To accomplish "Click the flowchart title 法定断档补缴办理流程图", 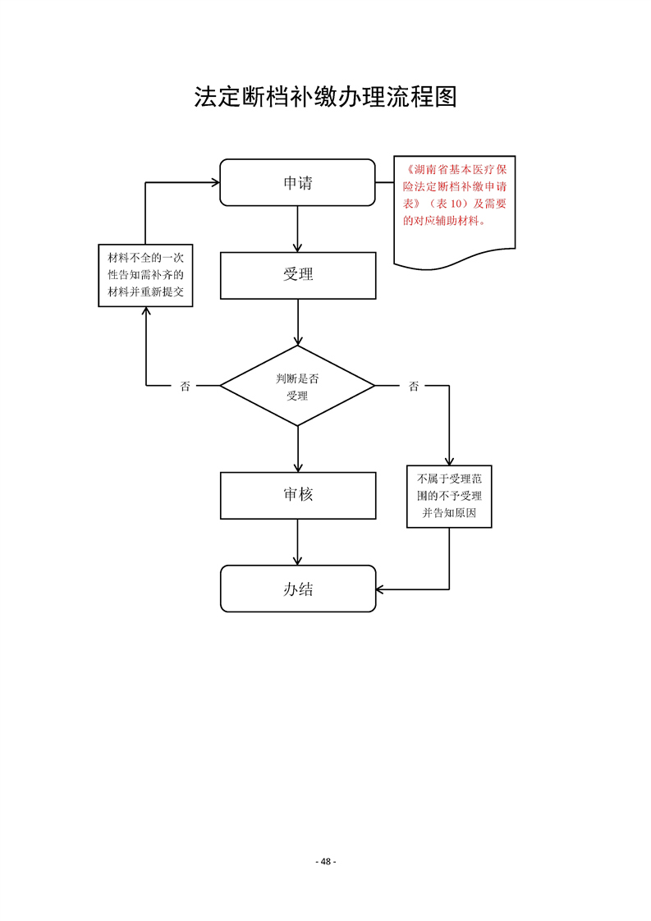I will click(x=325, y=97).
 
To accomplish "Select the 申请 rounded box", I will click(x=297, y=182).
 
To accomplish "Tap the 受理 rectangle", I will click(x=297, y=275).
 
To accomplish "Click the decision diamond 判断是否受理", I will click(x=297, y=386).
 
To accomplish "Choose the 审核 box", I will click(x=297, y=495).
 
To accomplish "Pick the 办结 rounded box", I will click(x=297, y=589).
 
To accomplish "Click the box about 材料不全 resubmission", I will click(x=145, y=276).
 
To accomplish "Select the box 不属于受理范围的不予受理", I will click(x=449, y=496).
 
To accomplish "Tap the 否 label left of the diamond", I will click(x=185, y=386).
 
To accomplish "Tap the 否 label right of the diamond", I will click(x=414, y=386).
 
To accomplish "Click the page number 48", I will click(x=326, y=861).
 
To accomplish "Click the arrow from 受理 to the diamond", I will click(x=297, y=322).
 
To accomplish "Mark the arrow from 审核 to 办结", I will click(x=297, y=542).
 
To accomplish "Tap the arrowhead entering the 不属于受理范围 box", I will click(x=449, y=460).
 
